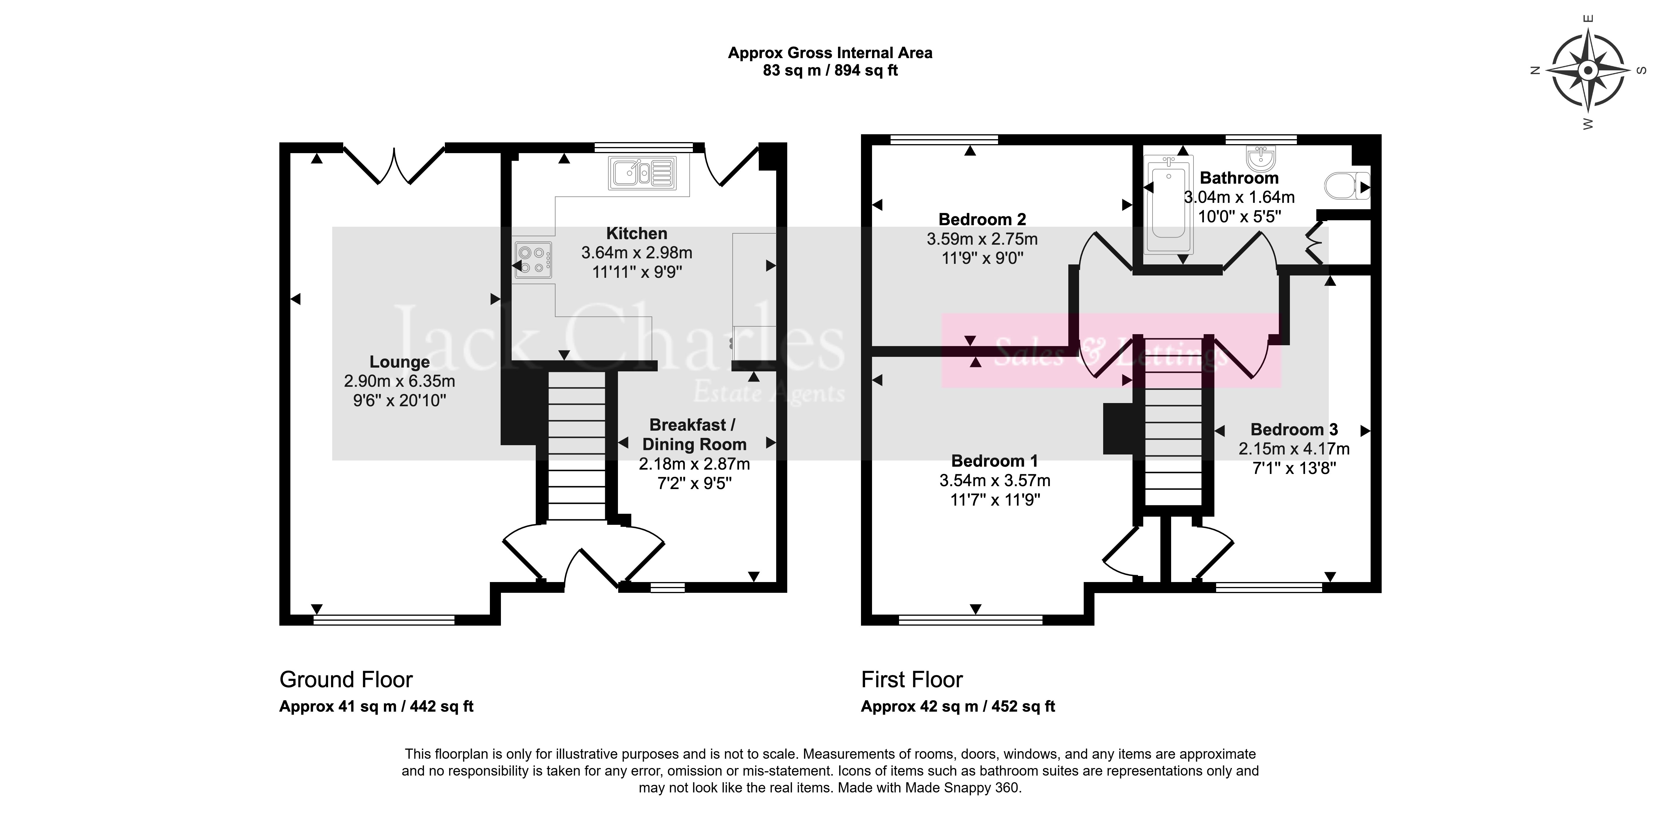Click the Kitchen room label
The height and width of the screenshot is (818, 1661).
[637, 234]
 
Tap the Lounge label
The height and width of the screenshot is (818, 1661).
[400, 362]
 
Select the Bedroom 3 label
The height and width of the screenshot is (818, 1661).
[1294, 430]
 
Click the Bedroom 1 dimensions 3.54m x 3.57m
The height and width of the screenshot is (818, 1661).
[995, 481]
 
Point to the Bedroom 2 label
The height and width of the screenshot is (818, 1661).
[982, 219]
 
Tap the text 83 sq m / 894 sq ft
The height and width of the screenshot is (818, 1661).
[831, 70]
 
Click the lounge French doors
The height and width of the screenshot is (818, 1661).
[393, 165]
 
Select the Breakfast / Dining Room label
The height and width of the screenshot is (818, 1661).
[694, 434]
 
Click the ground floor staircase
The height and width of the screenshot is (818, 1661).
[577, 445]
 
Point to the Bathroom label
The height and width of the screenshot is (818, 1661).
[1239, 178]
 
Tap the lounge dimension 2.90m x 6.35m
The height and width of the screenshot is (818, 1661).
[400, 381]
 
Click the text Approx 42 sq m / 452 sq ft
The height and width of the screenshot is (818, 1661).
[958, 706]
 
